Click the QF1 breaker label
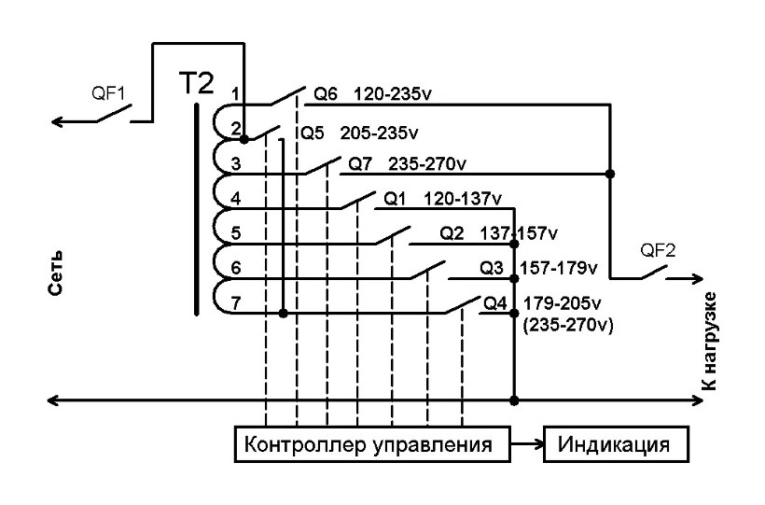[x=108, y=93]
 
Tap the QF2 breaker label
[x=659, y=250]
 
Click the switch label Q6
[x=325, y=94]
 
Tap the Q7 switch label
[x=360, y=164]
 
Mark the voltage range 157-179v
[x=558, y=269]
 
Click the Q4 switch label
[x=494, y=302]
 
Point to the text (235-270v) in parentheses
[x=565, y=323]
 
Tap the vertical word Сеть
[x=56, y=273]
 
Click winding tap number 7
[x=236, y=303]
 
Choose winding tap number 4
[x=236, y=198]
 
